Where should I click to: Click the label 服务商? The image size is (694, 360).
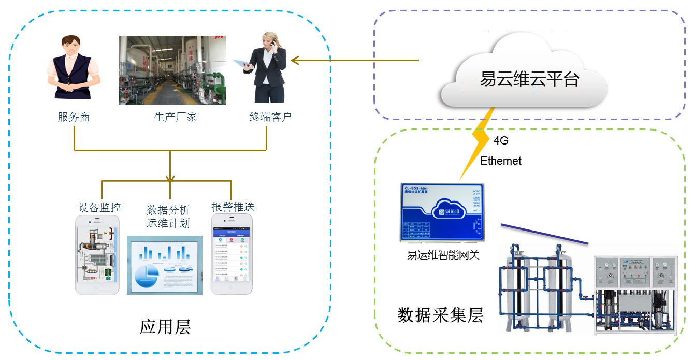click(74, 117)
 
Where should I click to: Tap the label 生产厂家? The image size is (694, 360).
click(175, 117)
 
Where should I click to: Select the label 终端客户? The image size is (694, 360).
click(270, 117)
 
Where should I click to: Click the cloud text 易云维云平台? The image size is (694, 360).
click(529, 80)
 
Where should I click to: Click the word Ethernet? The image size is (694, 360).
click(501, 161)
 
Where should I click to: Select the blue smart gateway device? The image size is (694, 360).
click(442, 212)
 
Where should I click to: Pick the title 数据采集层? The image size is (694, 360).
click(440, 315)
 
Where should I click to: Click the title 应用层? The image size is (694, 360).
click(165, 327)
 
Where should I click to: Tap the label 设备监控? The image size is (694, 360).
click(99, 208)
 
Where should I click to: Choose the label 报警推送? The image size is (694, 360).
click(233, 207)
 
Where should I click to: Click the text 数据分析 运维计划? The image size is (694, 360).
click(168, 217)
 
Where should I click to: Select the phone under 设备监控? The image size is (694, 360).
click(97, 254)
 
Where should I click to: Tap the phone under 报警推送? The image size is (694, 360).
click(232, 254)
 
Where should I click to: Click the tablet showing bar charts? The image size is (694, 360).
click(165, 265)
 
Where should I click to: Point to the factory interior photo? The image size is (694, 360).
click(172, 70)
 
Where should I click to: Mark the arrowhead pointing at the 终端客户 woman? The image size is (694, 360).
click(294, 61)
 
